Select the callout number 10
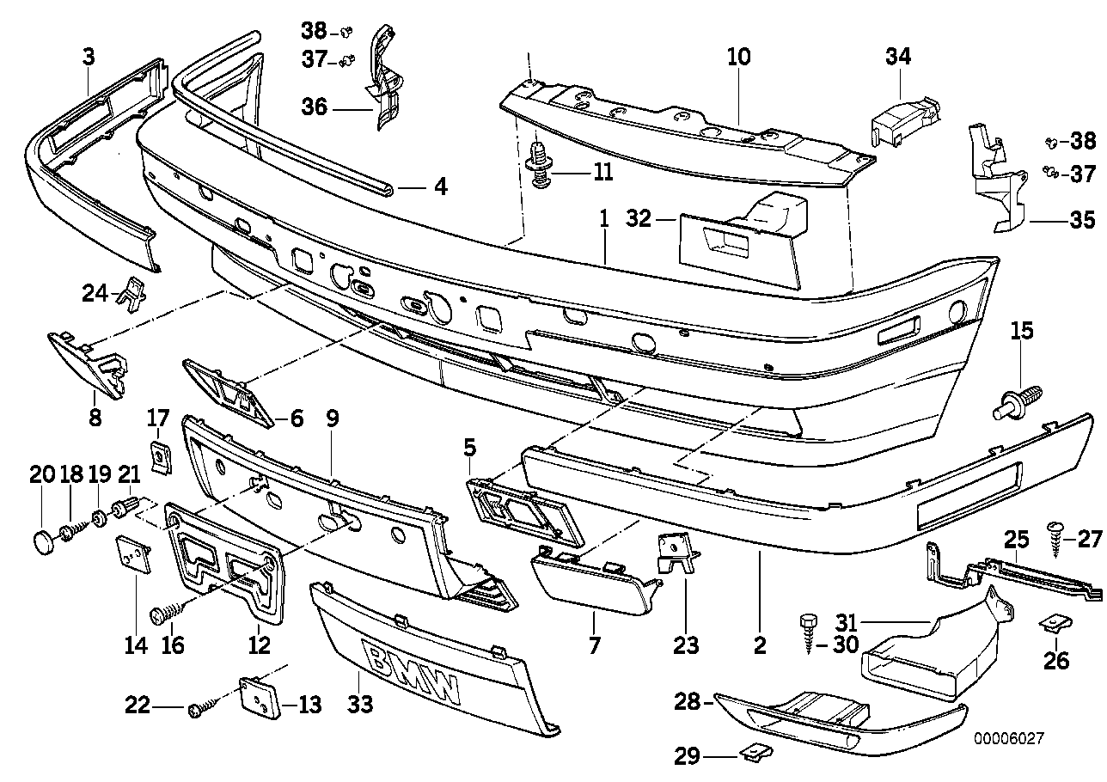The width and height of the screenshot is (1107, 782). (738, 58)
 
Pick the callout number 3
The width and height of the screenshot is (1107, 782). (89, 58)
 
